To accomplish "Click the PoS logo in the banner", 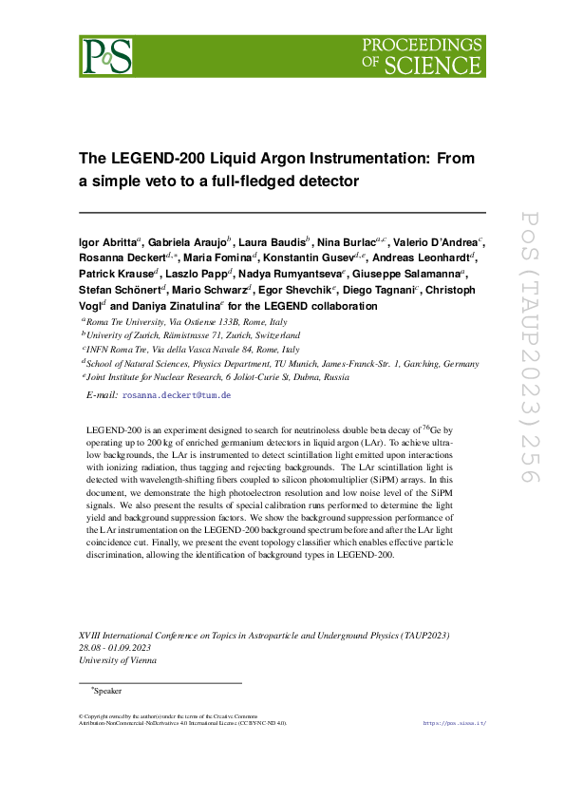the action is tap(105, 56).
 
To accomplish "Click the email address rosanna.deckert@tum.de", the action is tap(177, 394).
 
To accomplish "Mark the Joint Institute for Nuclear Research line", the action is tap(204, 376).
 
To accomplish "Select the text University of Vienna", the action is tap(118, 660).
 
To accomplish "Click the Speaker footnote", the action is tap(107, 692).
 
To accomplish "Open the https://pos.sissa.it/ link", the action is tap(454, 723).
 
